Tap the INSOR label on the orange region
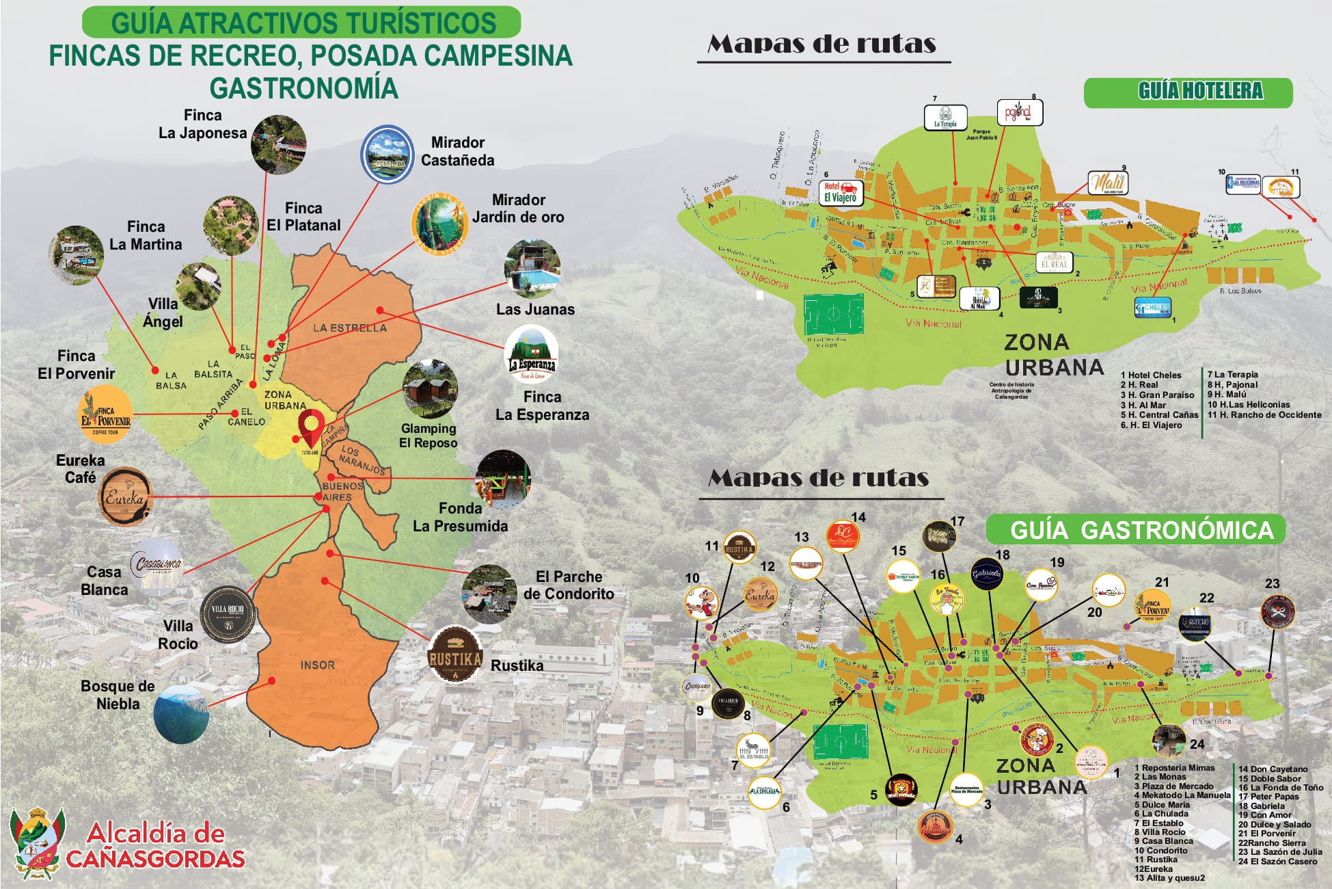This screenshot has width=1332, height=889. point(318,665)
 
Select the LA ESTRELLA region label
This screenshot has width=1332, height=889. point(350,328)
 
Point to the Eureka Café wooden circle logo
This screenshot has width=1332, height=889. point(125,497)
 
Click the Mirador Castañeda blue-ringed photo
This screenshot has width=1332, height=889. point(388,155)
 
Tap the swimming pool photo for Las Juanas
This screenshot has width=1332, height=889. point(532,267)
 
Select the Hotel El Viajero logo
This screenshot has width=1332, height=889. point(841,192)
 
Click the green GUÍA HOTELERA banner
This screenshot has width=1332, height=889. point(1188,92)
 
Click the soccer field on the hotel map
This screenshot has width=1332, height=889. point(833,314)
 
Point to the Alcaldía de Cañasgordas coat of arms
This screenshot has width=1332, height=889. point(38,843)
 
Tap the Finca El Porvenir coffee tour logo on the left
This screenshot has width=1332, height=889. point(106,414)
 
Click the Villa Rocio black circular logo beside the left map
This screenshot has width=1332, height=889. point(228,614)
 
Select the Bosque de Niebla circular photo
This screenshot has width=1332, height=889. point(181,714)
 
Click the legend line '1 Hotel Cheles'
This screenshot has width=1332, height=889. point(1151,375)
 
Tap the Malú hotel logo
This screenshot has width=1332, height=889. point(1107,183)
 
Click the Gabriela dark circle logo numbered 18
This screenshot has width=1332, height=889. point(987,574)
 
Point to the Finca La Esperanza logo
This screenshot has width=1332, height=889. point(532,354)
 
